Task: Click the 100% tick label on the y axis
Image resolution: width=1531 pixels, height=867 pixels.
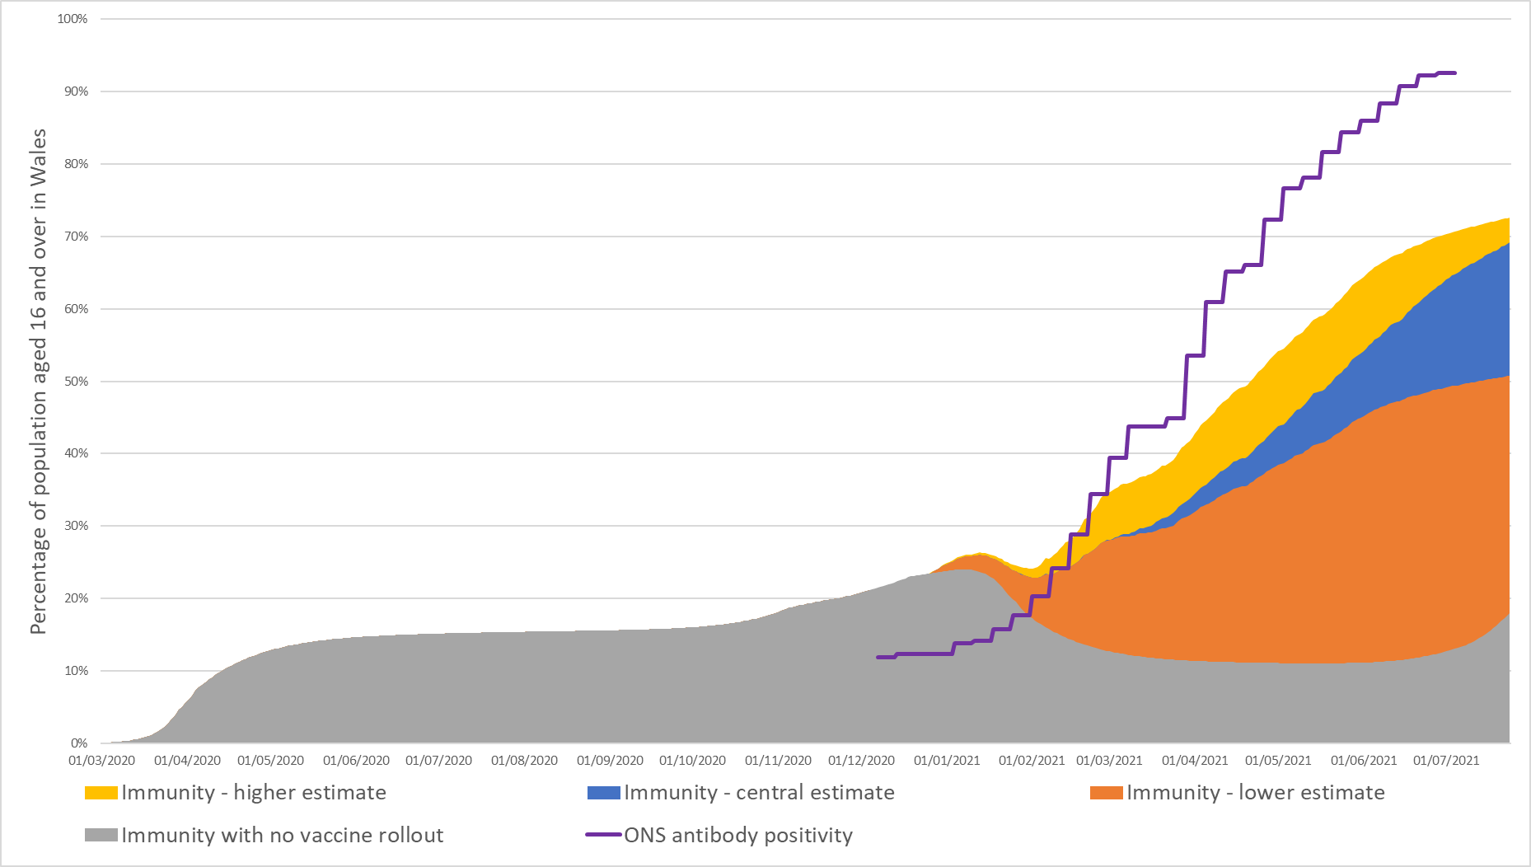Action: tap(73, 19)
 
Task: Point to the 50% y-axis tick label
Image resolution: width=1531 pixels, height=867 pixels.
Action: tap(76, 382)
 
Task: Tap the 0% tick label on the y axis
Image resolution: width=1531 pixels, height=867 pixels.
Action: tap(79, 743)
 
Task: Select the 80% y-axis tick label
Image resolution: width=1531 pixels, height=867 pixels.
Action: tap(76, 164)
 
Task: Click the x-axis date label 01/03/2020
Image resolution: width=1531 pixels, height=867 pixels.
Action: tap(101, 761)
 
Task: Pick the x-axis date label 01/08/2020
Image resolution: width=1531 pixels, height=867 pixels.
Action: tap(524, 761)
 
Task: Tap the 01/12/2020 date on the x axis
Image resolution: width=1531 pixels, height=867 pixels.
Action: tap(861, 761)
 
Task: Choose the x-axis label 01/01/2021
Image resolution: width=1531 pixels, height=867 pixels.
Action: tap(947, 761)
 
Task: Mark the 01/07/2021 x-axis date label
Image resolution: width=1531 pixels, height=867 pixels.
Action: tap(1446, 761)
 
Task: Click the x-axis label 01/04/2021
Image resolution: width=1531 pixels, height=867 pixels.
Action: tap(1195, 761)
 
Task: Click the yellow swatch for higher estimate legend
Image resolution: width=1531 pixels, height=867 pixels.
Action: tap(101, 793)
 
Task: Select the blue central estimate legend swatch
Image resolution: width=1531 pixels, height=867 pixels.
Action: tap(603, 793)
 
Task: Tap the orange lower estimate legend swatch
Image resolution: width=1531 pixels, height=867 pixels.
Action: tap(1106, 793)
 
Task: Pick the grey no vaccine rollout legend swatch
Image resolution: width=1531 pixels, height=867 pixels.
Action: tap(101, 836)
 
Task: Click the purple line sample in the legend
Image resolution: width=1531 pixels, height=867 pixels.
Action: tap(603, 836)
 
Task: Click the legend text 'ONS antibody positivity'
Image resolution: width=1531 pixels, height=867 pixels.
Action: tap(738, 836)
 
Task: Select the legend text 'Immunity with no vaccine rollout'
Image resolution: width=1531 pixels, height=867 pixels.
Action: tap(283, 836)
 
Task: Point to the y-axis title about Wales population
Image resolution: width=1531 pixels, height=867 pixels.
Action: tap(38, 382)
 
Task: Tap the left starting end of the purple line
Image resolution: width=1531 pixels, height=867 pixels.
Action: tap(878, 658)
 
